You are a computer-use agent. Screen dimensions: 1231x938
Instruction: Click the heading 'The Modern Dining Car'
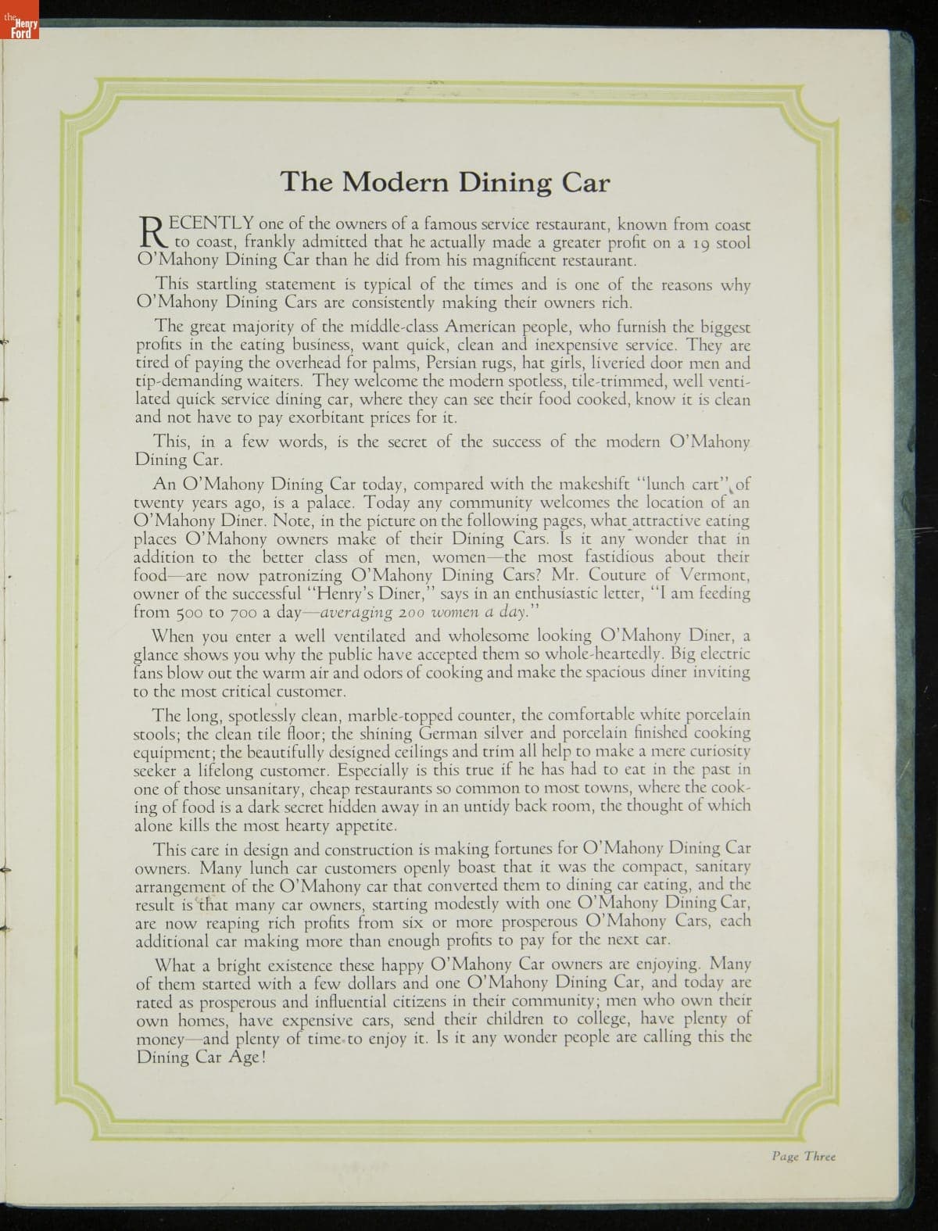click(444, 182)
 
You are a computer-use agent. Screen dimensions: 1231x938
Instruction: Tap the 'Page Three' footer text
click(803, 1156)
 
